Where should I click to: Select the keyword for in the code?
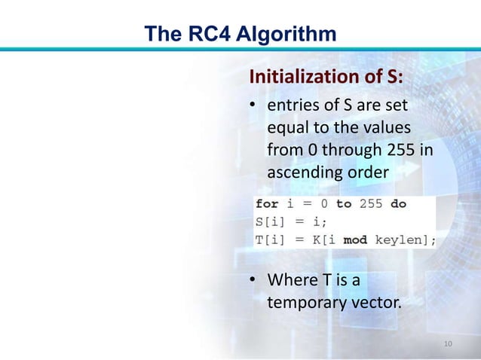[266, 204]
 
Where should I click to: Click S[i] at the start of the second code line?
[270, 222]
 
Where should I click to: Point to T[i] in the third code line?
[270, 240]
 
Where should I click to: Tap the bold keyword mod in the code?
[355, 240]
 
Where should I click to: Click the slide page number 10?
[448, 344]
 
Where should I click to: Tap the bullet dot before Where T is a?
[255, 282]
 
